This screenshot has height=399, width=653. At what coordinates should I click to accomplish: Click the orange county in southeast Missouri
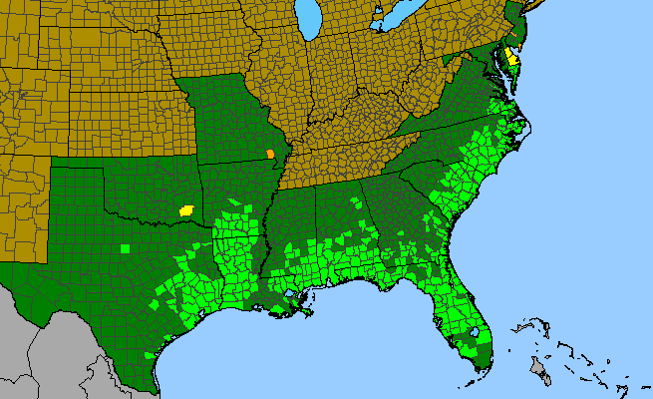click(x=270, y=154)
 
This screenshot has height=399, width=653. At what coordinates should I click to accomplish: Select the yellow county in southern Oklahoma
click(x=185, y=210)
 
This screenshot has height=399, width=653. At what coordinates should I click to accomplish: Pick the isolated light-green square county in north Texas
click(x=125, y=247)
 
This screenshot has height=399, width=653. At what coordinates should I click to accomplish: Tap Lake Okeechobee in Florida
click(x=475, y=333)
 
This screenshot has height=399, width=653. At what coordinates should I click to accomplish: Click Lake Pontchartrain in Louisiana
click(x=288, y=294)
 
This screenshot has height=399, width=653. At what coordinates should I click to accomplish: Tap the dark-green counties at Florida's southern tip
click(x=483, y=354)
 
